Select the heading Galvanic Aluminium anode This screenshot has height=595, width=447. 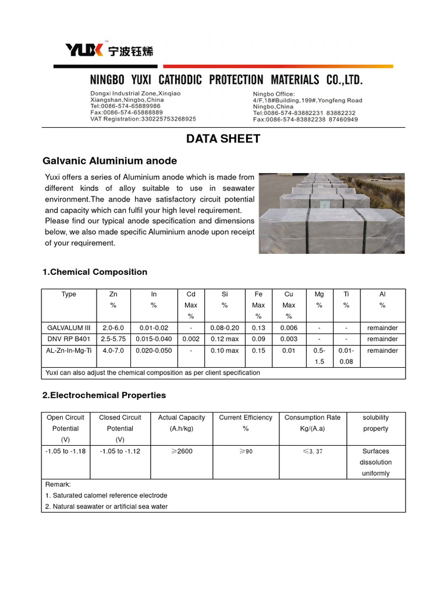[110, 161]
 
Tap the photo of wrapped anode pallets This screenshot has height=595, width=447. [332, 213]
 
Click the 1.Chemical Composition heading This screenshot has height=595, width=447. [95, 272]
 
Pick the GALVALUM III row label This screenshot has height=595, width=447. [69, 328]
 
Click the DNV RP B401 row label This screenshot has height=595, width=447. [69, 339]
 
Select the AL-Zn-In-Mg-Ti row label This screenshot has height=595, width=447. [69, 350]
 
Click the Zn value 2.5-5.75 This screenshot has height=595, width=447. [113, 339]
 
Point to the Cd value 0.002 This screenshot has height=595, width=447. [190, 339]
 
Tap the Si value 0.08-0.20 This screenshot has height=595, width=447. [225, 328]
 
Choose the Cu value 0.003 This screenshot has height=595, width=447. [289, 339]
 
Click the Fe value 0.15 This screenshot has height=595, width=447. [258, 350]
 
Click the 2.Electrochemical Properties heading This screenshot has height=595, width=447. [104, 395]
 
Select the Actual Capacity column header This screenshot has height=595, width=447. [182, 417]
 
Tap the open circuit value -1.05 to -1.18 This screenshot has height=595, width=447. [66, 451]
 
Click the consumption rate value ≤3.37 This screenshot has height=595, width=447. [312, 451]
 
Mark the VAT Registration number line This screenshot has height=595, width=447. [143, 119]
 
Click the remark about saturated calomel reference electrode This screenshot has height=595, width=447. [106, 495]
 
